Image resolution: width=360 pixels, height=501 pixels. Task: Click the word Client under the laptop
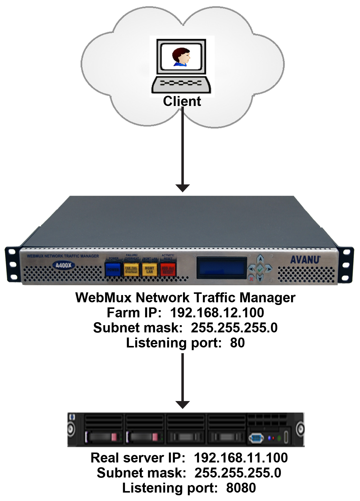pos(182,101)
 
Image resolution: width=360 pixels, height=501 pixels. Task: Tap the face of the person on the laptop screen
pos(182,56)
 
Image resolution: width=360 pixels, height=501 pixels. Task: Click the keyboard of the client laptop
pos(181,84)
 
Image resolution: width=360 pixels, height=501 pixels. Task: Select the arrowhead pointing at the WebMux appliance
pos(182,188)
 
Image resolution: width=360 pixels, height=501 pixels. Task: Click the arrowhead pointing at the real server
pos(182,404)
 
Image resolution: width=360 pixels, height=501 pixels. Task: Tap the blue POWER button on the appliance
pos(113,269)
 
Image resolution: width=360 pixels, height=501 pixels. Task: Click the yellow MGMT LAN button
pos(149,269)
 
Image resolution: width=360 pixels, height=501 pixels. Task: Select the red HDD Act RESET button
pos(168,270)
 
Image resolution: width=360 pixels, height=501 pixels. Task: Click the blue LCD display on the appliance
pos(221,268)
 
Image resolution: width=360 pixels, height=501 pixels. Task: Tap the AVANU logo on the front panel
pos(305,260)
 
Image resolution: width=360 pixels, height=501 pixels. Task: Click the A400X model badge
pos(64,265)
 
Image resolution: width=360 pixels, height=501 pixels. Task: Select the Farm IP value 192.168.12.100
pos(217,313)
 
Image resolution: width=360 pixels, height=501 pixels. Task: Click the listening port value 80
pos(237,343)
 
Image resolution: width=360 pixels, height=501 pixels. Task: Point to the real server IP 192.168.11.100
pos(241,458)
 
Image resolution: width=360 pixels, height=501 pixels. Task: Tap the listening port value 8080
pos(241,488)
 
